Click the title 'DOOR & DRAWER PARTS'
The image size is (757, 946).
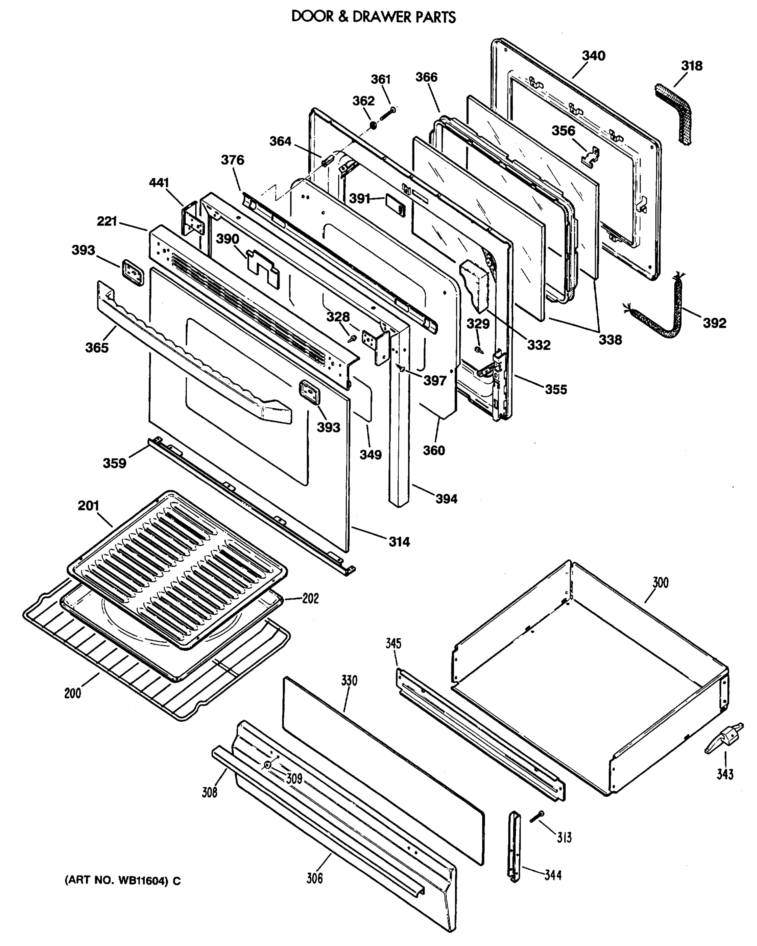click(373, 17)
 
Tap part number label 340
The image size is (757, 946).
click(593, 56)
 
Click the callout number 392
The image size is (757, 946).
click(714, 323)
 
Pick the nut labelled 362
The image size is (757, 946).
click(373, 126)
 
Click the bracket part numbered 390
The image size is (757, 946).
click(263, 268)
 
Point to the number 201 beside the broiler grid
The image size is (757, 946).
click(88, 505)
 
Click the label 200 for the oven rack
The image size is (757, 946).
click(73, 693)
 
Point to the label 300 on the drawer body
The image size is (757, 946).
click(660, 583)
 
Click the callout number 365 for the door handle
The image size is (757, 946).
click(97, 348)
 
